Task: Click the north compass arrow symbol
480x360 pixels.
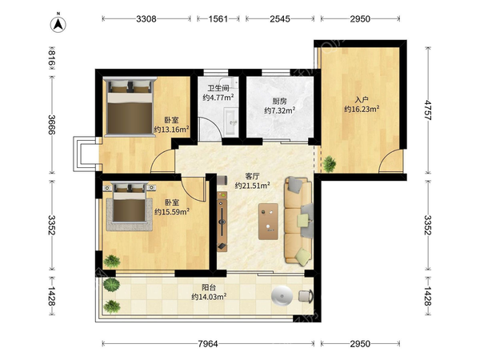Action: click(x=58, y=23)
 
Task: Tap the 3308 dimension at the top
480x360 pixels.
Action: click(x=146, y=19)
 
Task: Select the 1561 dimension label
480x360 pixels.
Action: click(x=218, y=19)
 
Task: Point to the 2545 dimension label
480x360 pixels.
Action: click(x=280, y=19)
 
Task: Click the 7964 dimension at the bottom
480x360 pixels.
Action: click(x=208, y=344)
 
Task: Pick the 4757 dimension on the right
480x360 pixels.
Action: click(x=428, y=110)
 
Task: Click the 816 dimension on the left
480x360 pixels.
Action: click(x=51, y=58)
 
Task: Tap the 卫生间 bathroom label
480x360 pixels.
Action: click(x=218, y=89)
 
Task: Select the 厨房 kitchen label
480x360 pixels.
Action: click(x=279, y=101)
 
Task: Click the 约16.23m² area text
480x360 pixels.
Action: click(x=362, y=109)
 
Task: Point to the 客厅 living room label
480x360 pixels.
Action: click(x=252, y=176)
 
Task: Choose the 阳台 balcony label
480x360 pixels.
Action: click(x=209, y=287)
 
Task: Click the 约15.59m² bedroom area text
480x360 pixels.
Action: click(x=172, y=211)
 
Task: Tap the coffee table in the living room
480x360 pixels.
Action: click(x=268, y=222)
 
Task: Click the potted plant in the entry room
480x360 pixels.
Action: click(x=330, y=163)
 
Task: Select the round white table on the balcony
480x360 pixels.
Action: click(x=282, y=296)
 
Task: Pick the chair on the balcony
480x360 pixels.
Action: click(x=306, y=296)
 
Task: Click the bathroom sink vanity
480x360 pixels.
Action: click(x=230, y=122)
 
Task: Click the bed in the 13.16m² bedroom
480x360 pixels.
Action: click(x=130, y=106)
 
